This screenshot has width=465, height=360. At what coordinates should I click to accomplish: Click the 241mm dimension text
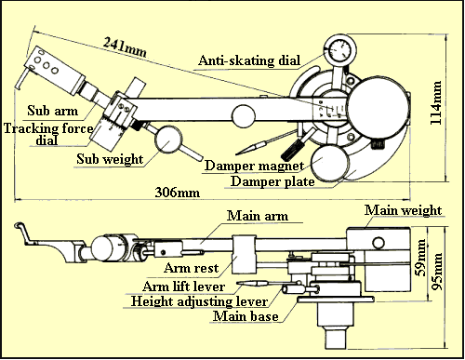click(125, 47)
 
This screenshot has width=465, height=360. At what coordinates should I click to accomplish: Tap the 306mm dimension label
click(178, 193)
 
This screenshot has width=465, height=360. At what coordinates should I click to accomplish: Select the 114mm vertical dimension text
click(436, 102)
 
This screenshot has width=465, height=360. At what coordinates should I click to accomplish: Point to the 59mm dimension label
click(421, 258)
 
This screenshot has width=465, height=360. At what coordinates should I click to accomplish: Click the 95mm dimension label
click(437, 272)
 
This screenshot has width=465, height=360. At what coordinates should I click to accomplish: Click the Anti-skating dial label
click(249, 60)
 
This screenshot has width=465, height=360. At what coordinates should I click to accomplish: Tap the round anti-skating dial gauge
click(340, 49)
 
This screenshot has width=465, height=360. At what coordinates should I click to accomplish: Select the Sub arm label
click(52, 111)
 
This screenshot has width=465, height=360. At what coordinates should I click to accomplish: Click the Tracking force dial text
click(48, 134)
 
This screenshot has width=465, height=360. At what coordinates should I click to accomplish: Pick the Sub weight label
click(110, 159)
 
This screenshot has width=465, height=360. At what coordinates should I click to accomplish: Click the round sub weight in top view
click(169, 140)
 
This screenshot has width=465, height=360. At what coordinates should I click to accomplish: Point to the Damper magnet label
click(254, 166)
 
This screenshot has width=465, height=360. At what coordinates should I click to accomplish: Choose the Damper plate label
click(272, 181)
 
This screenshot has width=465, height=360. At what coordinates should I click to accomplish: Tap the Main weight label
click(403, 210)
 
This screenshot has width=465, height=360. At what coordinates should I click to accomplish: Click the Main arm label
click(258, 216)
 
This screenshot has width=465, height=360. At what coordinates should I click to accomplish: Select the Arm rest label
click(192, 268)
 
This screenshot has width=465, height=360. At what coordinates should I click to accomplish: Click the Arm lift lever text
click(183, 287)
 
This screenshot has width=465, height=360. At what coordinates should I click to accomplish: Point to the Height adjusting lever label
click(199, 301)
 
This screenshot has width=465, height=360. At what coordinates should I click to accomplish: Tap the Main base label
click(246, 316)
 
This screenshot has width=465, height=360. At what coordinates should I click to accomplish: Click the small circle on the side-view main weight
click(379, 243)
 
